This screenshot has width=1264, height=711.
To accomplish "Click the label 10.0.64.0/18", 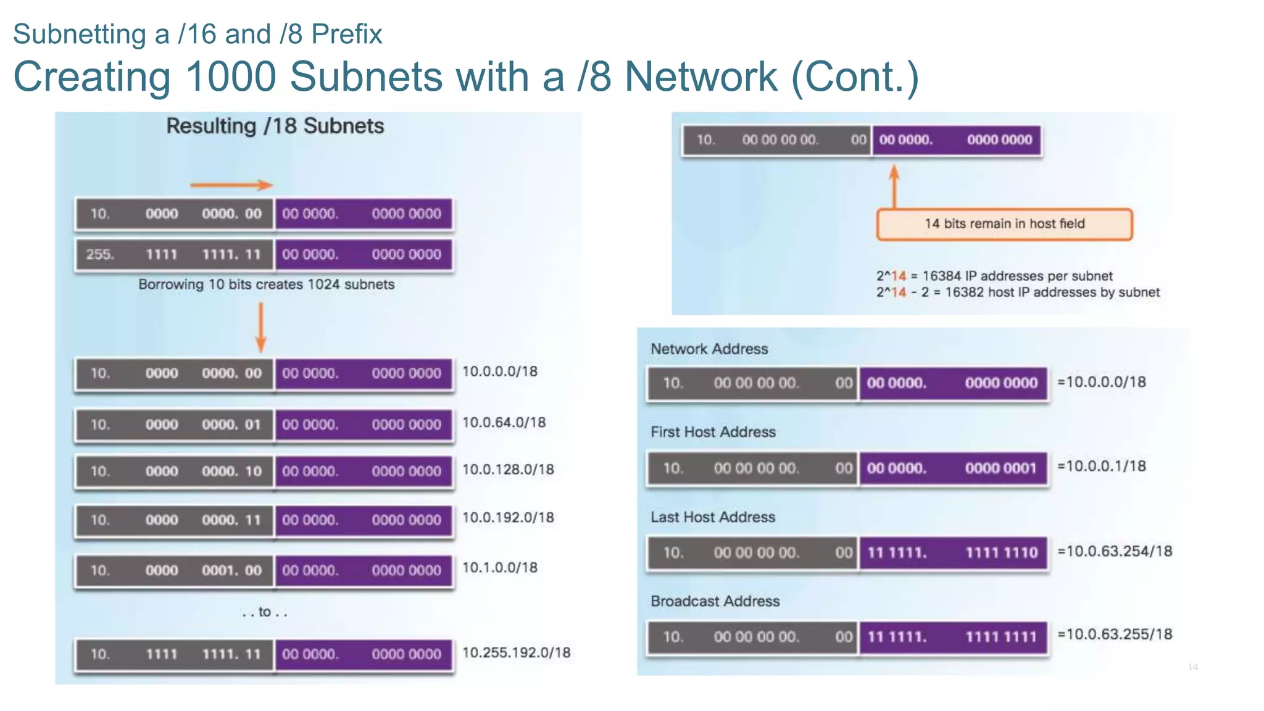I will (504, 423).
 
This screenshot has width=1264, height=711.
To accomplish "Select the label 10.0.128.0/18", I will (508, 470).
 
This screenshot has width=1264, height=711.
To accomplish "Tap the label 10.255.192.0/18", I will (516, 652).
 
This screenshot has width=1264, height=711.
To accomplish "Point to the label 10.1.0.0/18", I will (500, 568).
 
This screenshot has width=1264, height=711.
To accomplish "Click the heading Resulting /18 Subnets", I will (275, 126).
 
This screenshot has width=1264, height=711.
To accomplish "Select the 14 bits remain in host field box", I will (1004, 224).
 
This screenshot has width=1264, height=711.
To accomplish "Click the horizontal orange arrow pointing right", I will (231, 185).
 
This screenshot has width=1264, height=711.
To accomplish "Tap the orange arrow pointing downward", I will (260, 328).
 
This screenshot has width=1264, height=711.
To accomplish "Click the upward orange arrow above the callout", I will (894, 186).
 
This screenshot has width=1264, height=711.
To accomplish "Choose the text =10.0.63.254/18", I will (1115, 551).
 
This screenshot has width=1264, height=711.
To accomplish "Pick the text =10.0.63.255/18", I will (1115, 634).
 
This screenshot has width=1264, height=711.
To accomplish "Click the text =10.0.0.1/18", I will (1102, 467).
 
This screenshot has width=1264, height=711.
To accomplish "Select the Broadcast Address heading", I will (715, 601).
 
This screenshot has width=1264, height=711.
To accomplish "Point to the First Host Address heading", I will (713, 432).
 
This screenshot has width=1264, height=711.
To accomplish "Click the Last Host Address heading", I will (713, 517).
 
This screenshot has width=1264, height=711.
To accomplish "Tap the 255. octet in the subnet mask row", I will (100, 254).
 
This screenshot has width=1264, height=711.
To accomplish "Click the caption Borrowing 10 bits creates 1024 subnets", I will (266, 285).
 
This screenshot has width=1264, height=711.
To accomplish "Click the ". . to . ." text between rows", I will (265, 612).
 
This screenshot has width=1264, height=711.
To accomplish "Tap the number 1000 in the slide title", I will (230, 77).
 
